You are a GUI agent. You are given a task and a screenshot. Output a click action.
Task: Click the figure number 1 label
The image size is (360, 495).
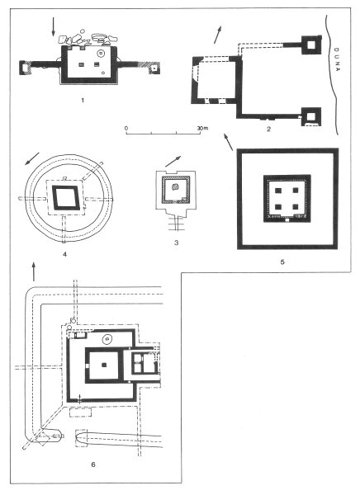pos(83,101)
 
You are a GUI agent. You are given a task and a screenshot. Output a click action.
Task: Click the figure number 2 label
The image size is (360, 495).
pos(268,129)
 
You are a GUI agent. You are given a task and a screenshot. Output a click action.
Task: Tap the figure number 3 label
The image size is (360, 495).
pos(176,243)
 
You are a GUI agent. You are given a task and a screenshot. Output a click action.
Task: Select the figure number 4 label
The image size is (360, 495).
pos(64,254)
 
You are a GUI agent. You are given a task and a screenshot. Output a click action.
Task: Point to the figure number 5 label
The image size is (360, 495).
pos(282,262)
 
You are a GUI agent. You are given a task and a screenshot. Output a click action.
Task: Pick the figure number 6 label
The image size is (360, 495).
pos(93,464)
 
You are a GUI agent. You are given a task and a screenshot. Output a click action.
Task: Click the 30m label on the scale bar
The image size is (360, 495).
pos(202,128)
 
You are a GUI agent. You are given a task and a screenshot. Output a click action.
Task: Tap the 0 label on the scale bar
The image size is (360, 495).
pos(126,128)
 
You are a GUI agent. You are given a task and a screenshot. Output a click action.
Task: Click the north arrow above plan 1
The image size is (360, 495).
pos(53,26)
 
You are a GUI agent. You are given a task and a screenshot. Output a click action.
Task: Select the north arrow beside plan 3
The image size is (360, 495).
pos(173,161)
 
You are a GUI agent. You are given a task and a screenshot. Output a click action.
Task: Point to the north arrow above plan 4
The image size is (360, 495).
pos(32,158)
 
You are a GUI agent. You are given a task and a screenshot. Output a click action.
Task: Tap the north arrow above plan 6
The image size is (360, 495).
pos(34,271)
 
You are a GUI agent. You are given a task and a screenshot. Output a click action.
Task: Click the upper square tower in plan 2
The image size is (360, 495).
pos(311,45)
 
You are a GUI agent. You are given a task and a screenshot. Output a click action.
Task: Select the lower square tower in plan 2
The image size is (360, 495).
pos(311,116)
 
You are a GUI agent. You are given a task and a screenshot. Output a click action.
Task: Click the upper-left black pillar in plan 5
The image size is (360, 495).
pos(277,191)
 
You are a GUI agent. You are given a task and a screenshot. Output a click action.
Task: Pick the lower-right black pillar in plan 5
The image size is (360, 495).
pos(296,207)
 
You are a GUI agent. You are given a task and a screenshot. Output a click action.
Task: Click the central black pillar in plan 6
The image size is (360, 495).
pos(104,365)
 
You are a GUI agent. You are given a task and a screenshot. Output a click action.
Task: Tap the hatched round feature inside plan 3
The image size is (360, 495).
pos(175,186)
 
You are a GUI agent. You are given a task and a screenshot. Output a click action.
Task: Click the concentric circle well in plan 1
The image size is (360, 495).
pos(101,54)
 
